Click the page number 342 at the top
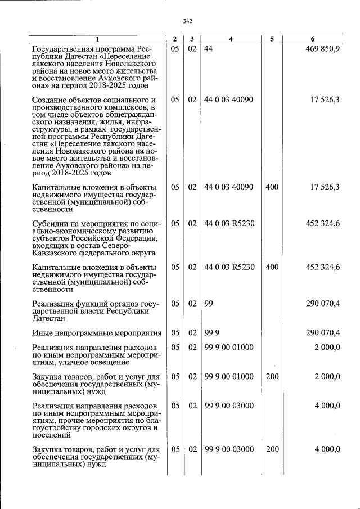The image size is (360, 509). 188,21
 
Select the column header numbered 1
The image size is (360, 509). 97,39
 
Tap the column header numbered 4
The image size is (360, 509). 231,39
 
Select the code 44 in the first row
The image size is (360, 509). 208,49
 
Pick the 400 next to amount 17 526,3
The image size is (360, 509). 272,187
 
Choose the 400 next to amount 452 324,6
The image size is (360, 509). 272,267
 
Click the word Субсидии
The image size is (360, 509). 51,224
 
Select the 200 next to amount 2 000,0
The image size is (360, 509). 272,376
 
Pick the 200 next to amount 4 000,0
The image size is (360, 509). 272,449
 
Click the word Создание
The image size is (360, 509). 51,100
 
